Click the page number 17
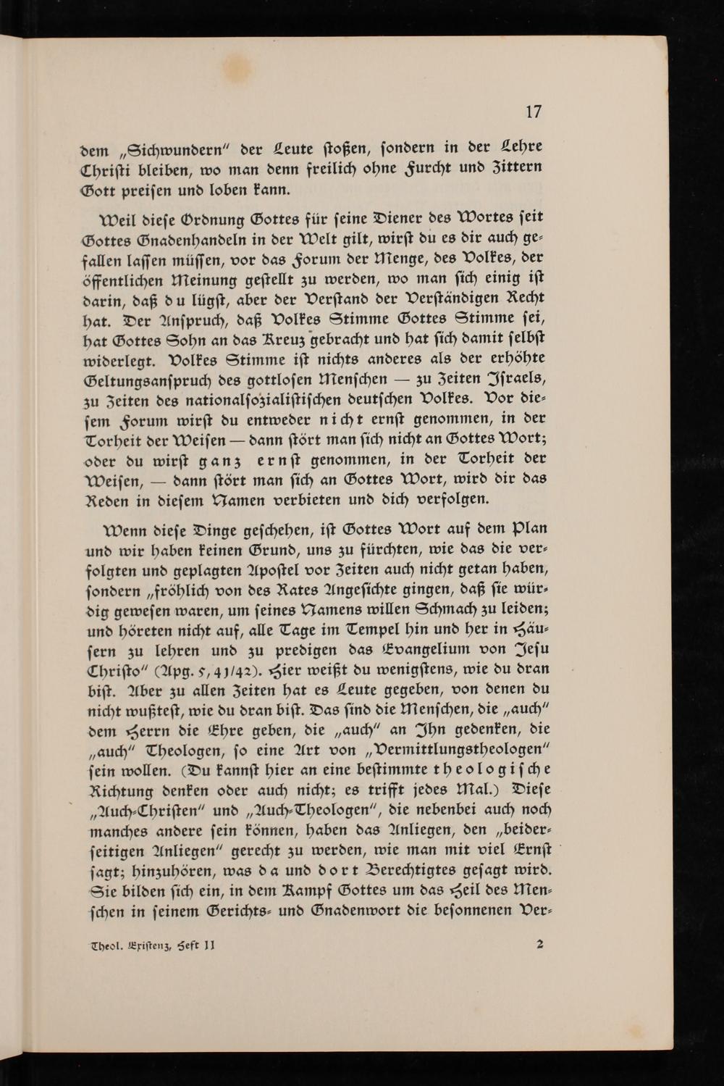(x=533, y=112)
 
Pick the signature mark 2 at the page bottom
(x=540, y=944)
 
